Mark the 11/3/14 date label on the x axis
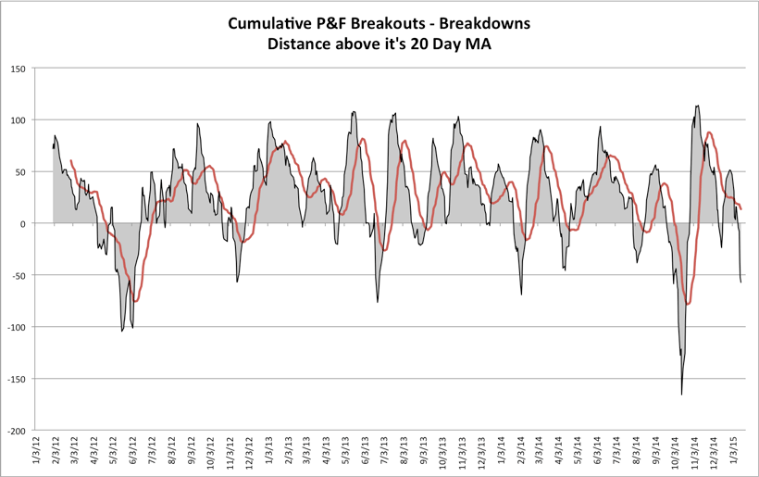[694, 453]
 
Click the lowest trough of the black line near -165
[681, 395]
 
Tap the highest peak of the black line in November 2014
[697, 106]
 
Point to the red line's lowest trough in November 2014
[688, 304]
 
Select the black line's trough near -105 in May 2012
[122, 331]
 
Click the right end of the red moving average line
[740, 209]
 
